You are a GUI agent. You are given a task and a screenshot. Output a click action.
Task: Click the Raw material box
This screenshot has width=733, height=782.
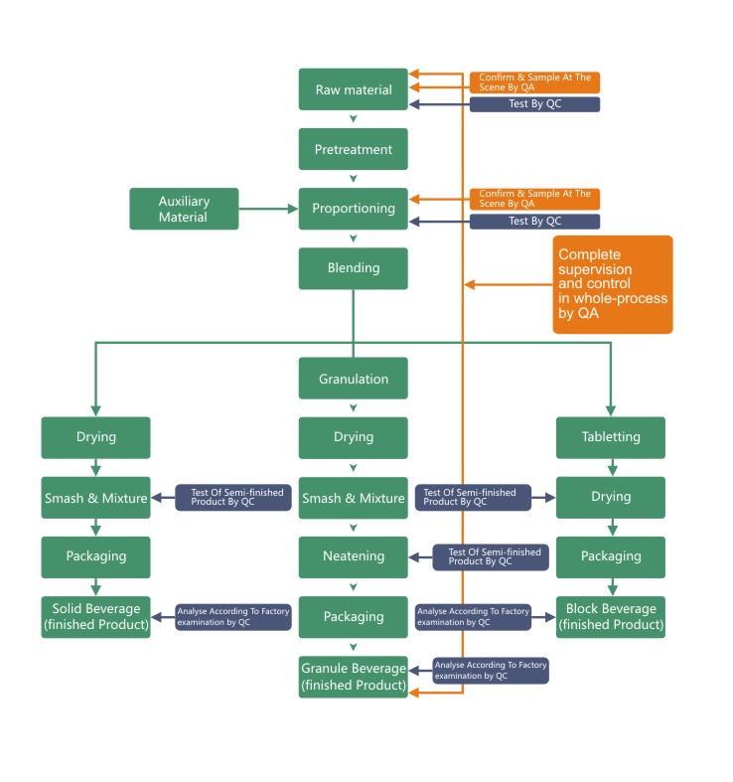click(353, 89)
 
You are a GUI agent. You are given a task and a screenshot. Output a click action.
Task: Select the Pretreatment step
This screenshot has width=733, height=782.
click(353, 149)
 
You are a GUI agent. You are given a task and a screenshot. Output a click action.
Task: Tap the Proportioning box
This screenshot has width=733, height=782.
click(353, 209)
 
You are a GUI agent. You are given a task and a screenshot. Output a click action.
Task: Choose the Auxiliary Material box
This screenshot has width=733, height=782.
click(184, 209)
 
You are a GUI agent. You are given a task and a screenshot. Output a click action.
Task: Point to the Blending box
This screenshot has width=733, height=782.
click(353, 268)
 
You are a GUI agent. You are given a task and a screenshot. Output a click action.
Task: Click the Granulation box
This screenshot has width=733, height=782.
click(353, 379)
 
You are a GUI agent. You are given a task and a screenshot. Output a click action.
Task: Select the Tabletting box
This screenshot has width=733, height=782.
click(610, 437)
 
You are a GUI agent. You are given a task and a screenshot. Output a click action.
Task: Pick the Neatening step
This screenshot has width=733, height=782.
click(353, 556)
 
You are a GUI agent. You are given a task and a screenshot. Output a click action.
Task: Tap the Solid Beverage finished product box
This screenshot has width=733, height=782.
click(95, 617)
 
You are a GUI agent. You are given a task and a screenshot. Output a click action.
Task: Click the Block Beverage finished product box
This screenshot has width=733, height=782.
click(610, 617)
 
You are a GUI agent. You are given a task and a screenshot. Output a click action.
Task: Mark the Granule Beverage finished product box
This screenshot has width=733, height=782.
click(353, 677)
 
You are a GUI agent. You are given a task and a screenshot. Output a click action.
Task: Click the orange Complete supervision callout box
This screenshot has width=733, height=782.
click(612, 284)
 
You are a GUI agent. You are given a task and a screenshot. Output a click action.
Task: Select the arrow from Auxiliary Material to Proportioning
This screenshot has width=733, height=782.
click(268, 209)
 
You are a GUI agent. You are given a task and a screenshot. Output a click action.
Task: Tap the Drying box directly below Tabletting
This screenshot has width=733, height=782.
click(610, 497)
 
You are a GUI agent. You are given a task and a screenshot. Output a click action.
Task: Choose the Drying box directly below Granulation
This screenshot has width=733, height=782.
click(353, 437)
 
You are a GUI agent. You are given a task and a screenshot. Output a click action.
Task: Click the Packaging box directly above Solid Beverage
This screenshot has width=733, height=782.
click(95, 556)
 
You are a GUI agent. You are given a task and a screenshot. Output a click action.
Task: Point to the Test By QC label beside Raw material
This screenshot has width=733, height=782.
click(534, 104)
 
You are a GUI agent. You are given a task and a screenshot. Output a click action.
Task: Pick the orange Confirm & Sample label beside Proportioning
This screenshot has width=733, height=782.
click(534, 199)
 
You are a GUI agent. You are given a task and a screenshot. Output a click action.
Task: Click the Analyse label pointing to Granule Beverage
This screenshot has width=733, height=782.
click(491, 671)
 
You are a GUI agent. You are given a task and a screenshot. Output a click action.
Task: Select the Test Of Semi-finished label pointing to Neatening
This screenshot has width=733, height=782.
click(491, 557)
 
